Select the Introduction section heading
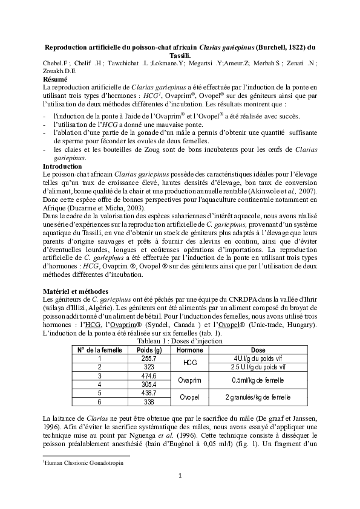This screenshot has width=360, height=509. coord(62,166)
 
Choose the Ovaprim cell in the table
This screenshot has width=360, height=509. coord(193,380)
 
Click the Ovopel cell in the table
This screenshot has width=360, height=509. coord(192,397)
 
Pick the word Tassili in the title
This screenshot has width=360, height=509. coord(180,55)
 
